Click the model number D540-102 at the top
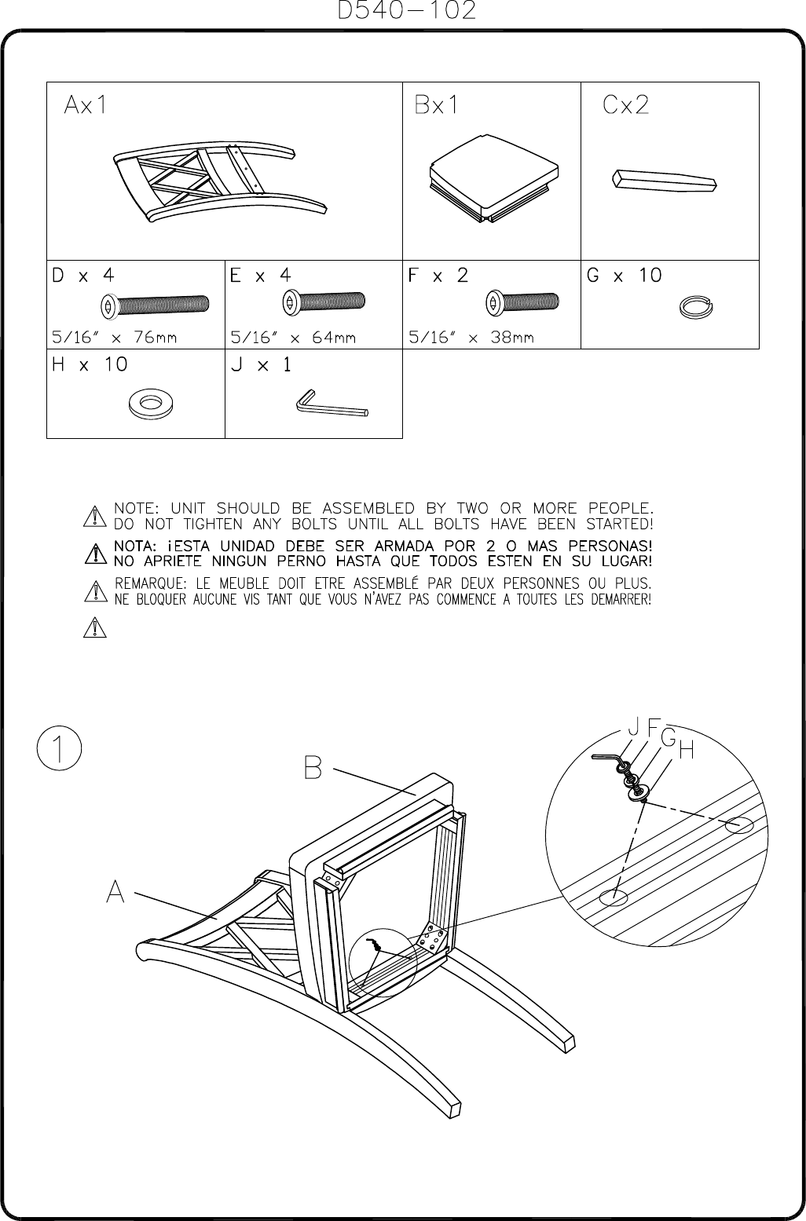click(406, 11)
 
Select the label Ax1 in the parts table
click(86, 105)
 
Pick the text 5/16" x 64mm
click(293, 338)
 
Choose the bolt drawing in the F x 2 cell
click(522, 302)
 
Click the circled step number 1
click(59, 747)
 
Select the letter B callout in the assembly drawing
click(313, 767)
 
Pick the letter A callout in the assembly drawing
click(116, 891)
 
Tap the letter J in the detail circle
click(632, 727)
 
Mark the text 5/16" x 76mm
click(114, 338)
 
